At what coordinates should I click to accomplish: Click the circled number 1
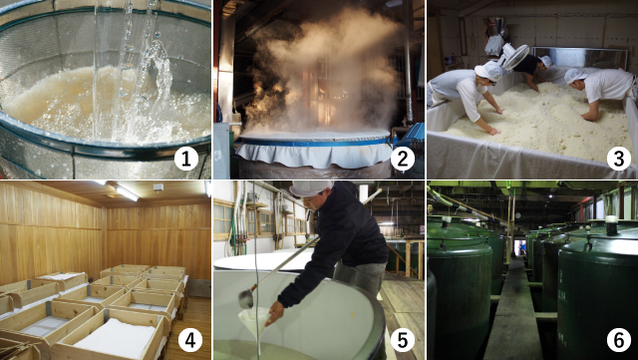coord(186,160)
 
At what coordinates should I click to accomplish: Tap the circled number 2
coord(403,160)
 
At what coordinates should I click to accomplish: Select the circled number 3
coord(618,160)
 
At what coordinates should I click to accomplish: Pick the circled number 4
coord(190,340)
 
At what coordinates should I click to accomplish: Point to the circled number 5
coord(403,340)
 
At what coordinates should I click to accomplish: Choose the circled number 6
coord(618,340)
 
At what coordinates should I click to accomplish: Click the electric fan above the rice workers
coord(513,56)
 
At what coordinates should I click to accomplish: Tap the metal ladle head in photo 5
coord(246,299)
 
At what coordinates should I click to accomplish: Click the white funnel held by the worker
coord(255,321)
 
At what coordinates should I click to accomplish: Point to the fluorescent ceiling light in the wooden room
coord(127,192)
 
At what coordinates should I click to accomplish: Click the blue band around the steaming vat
coord(313,142)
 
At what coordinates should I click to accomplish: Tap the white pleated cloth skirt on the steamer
coord(313,154)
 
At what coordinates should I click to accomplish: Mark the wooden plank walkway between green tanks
coord(514,313)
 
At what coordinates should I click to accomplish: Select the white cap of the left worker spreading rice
coord(489,71)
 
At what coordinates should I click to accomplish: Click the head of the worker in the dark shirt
coord(544,62)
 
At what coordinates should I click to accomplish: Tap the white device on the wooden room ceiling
coord(159,186)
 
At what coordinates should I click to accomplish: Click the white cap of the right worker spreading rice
coord(574,76)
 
